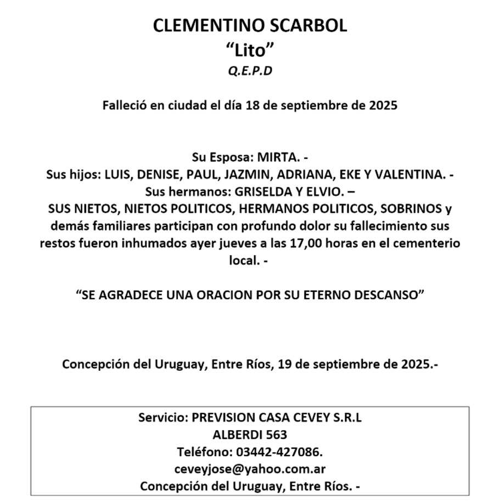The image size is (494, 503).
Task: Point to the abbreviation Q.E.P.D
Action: click(x=250, y=71)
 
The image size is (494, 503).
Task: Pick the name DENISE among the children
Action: click(x=160, y=175)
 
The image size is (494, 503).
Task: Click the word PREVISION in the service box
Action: click(x=216, y=417)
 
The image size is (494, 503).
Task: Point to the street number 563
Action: click(x=276, y=434)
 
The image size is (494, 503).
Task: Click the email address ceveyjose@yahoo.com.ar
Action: click(x=250, y=469)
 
